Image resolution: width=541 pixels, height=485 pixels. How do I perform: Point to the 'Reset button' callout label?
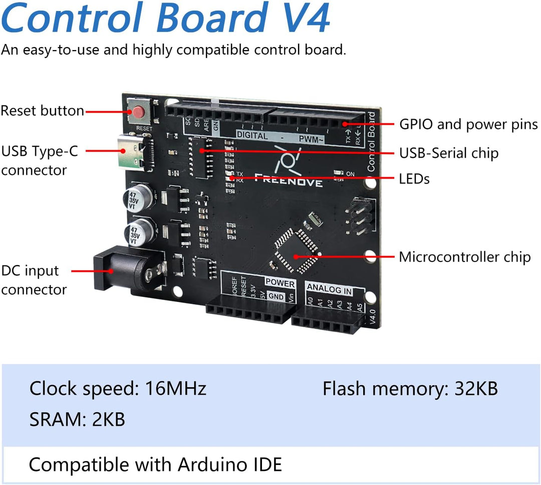[x=42, y=110]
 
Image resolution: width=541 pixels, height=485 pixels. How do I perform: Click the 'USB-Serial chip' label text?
[x=448, y=153]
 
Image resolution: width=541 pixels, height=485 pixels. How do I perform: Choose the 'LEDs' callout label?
[x=414, y=178]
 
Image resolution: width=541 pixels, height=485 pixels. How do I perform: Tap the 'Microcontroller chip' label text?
[x=464, y=257]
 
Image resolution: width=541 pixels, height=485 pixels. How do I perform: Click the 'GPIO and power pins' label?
[x=468, y=124]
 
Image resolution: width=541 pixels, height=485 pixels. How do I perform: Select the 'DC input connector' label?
[x=34, y=280]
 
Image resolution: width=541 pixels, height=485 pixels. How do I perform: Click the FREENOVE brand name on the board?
[x=288, y=179]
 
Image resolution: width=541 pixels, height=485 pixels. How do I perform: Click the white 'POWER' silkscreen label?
[x=280, y=283]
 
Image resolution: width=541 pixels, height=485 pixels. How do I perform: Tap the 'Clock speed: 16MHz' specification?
[x=118, y=388]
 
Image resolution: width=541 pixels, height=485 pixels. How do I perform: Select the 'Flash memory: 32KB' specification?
[x=410, y=388]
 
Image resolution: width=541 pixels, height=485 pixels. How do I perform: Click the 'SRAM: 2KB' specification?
[x=77, y=419]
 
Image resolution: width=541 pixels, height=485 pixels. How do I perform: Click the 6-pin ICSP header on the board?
[x=358, y=216]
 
